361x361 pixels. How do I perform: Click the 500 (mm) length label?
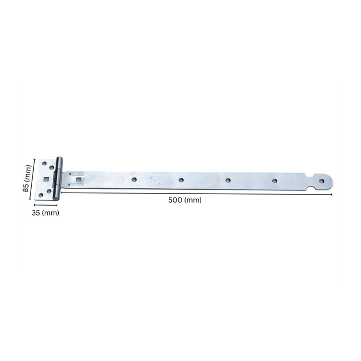[x=185, y=200]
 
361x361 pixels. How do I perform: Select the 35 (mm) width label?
[x=46, y=213]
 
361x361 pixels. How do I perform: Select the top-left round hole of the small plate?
[x=44, y=163]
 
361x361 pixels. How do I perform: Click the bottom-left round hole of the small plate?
[x=41, y=196]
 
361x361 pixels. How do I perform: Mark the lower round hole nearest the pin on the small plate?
[x=49, y=191]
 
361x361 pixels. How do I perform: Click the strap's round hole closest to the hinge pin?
[x=134, y=178]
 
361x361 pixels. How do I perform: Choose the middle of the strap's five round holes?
[x=228, y=179]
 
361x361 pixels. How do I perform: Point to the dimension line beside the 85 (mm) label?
[x=34, y=179]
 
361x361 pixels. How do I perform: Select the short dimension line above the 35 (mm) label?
[x=46, y=205]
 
